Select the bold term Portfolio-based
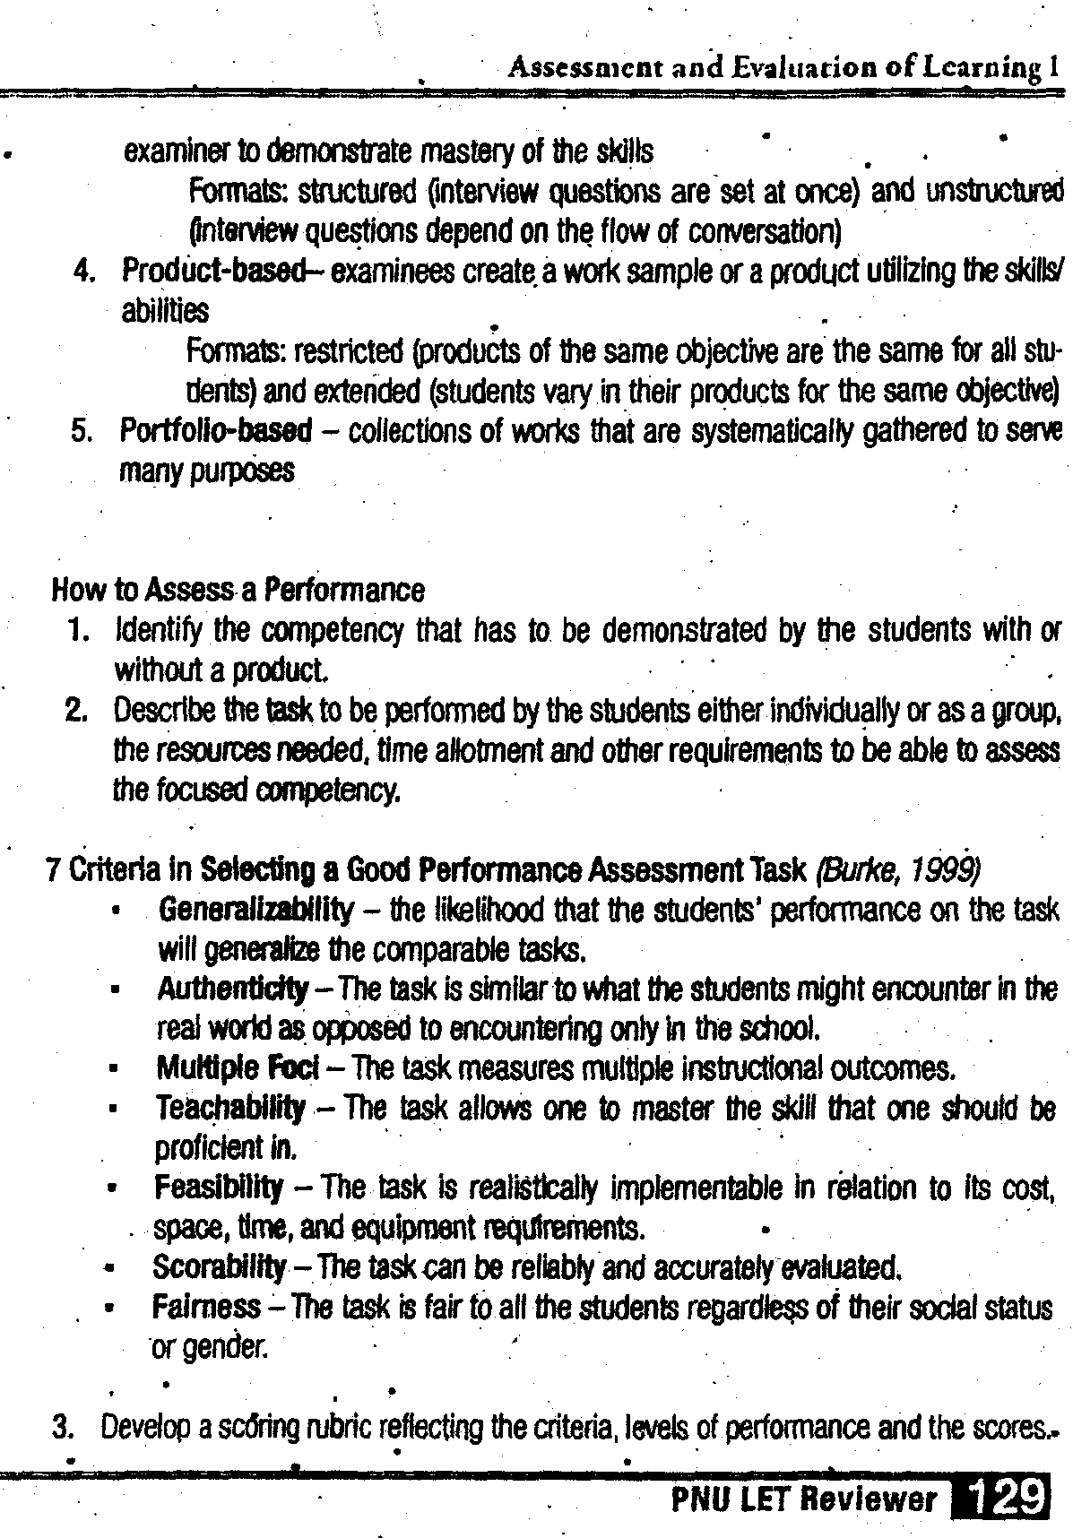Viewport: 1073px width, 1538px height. tap(216, 431)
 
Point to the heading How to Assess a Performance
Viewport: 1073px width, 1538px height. tap(238, 590)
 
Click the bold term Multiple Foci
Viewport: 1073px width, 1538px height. tap(238, 1068)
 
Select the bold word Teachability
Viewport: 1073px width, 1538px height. tap(230, 1108)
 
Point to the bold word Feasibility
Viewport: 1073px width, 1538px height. tap(219, 1188)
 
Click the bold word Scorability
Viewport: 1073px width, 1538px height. tap(220, 1267)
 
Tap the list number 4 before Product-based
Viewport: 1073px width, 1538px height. tap(86, 271)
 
